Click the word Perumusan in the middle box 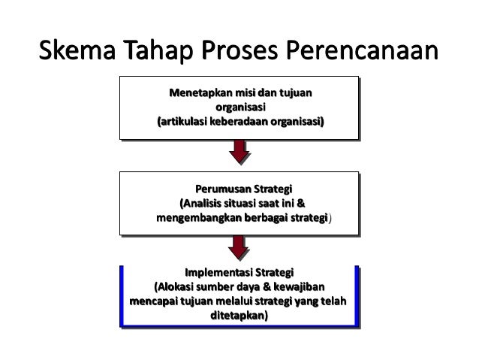point(221,188)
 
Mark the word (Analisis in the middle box point(203,203)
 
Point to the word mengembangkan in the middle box point(197,218)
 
